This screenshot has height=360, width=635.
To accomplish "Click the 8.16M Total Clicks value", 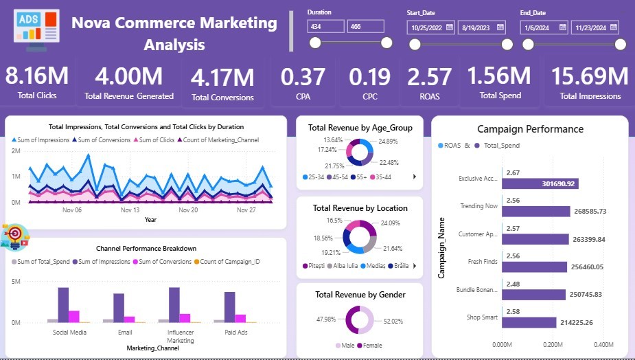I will (37, 76).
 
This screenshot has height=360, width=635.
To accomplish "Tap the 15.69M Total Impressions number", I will (590, 76).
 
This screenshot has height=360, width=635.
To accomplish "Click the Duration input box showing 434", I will (326, 27).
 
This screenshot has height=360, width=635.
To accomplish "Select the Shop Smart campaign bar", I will (529, 322).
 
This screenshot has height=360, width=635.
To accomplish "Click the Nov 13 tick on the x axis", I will (130, 210).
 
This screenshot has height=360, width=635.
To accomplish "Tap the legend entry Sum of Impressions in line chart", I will (41, 140).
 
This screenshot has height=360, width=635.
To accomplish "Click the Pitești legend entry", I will (314, 265).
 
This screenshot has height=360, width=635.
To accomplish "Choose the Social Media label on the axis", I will (69, 333).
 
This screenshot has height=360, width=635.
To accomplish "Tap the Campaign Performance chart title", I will (530, 129).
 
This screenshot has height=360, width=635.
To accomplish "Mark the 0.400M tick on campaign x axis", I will (603, 344).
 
